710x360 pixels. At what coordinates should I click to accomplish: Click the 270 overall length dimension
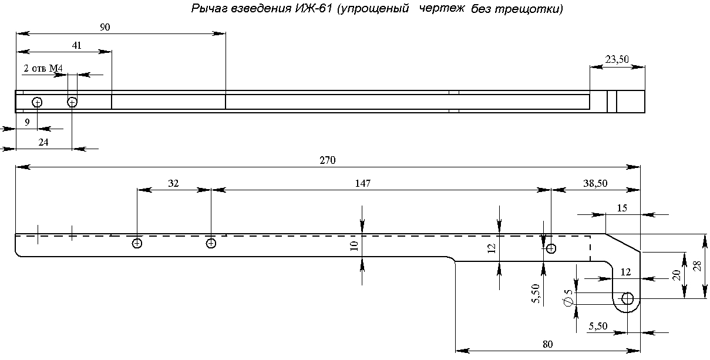pyautogui.click(x=328, y=160)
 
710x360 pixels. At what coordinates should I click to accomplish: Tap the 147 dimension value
pyautogui.click(x=362, y=183)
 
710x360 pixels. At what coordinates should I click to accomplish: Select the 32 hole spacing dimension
pyautogui.click(x=173, y=183)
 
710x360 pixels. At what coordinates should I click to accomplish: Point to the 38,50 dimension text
pyautogui.click(x=595, y=183)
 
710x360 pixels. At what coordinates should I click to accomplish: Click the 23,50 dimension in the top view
pyautogui.click(x=617, y=59)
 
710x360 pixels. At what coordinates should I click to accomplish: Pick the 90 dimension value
pyautogui.click(x=105, y=27)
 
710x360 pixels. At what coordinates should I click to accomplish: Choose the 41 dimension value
pyautogui.click(x=77, y=45)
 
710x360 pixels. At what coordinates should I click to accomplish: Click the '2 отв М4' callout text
pyautogui.click(x=43, y=68)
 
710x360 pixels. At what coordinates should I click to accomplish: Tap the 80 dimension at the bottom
pyautogui.click(x=548, y=344)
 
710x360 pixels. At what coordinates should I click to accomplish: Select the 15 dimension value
pyautogui.click(x=622, y=208)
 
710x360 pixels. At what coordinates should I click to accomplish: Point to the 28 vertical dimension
pyautogui.click(x=697, y=266)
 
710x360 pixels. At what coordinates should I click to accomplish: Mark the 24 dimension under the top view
pyautogui.click(x=43, y=142)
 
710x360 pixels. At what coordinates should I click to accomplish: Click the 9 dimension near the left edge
pyautogui.click(x=27, y=122)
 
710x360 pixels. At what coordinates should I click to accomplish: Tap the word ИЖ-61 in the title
pyautogui.click(x=314, y=9)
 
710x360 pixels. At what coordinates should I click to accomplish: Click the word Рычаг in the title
pyautogui.click(x=210, y=9)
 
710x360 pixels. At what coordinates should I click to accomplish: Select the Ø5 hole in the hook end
pyautogui.click(x=627, y=298)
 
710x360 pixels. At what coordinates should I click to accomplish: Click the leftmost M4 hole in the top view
pyautogui.click(x=37, y=102)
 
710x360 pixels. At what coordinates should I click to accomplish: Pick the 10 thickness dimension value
pyautogui.click(x=354, y=246)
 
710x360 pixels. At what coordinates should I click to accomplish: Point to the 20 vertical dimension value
pyautogui.click(x=676, y=275)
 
